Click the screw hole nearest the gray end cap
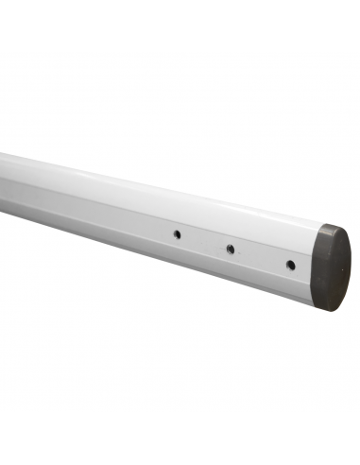[290, 265]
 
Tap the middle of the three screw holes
[230, 249]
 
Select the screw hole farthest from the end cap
[176, 233]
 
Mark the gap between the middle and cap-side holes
[260, 257]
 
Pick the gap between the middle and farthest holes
[202, 241]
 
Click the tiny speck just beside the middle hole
[236, 248]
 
